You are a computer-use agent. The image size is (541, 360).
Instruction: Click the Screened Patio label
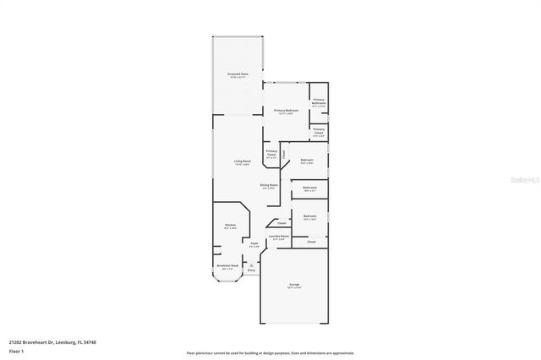point(238,75)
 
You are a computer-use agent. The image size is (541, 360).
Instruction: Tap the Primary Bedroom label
point(285,112)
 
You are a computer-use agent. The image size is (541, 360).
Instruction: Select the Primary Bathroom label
point(319,103)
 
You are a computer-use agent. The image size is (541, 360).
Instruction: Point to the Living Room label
point(243,162)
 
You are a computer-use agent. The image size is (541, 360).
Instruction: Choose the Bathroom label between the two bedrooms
point(310,188)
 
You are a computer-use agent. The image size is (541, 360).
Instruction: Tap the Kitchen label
point(230,226)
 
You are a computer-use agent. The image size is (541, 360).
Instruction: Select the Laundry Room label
point(281,237)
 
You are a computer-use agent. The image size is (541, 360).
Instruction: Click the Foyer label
point(254,244)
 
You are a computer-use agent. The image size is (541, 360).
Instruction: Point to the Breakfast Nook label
point(227,266)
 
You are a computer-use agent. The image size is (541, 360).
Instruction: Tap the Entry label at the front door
point(251,270)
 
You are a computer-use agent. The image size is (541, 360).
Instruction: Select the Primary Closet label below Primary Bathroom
point(319,132)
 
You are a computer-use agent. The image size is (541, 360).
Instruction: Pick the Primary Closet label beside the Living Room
point(271,155)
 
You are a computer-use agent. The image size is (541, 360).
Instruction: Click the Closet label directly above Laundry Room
point(281,223)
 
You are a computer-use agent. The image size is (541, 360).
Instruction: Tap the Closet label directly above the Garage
point(311,242)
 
